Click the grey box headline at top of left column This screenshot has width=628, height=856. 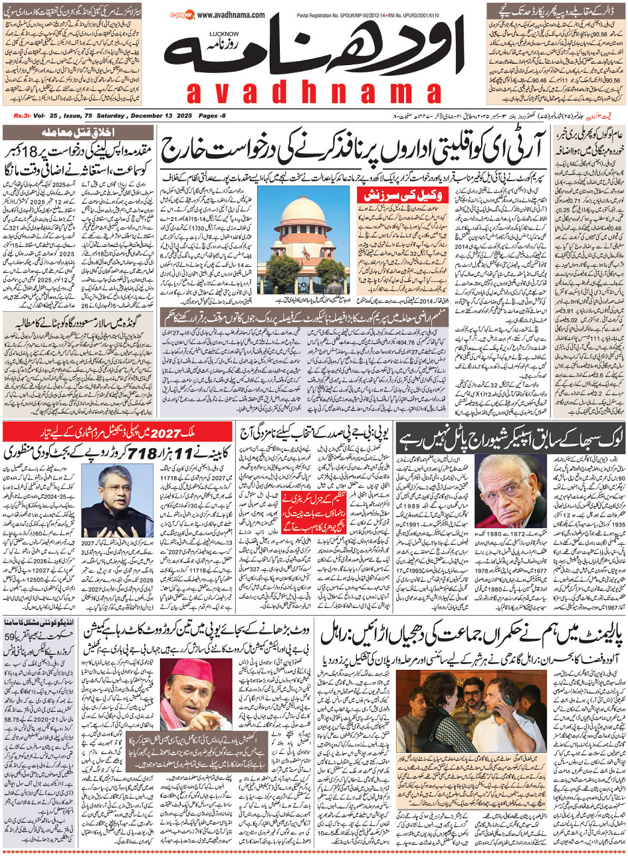tap(78, 132)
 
